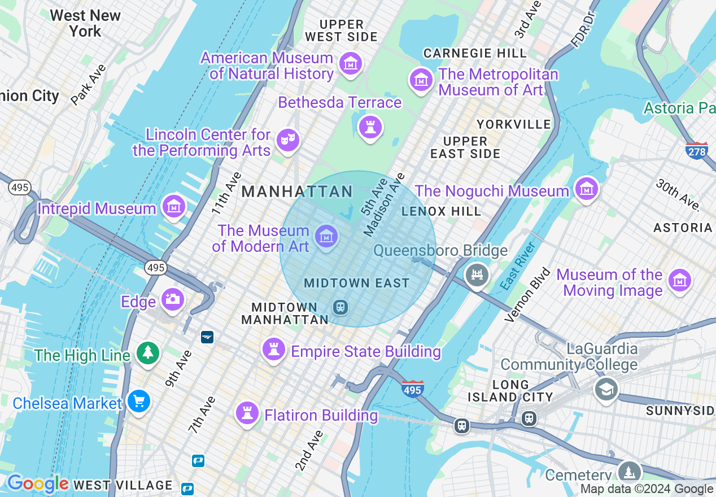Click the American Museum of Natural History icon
coord(351,65)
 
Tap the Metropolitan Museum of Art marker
coord(421,80)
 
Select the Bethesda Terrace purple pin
coord(370,127)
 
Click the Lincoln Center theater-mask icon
coord(287,139)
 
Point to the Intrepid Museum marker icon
coord(174,207)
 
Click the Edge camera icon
coord(173,299)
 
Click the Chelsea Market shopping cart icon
coord(138,402)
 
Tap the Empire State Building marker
coord(274,350)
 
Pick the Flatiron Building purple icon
coord(247,413)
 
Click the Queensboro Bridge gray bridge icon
coord(477,275)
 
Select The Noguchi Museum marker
coord(587,189)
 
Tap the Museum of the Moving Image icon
coord(679,280)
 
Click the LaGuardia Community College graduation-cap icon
coord(606,389)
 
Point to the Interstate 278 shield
coord(697,150)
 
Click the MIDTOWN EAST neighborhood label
coord(356,283)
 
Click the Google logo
coord(37,484)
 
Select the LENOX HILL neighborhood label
coord(441,212)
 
